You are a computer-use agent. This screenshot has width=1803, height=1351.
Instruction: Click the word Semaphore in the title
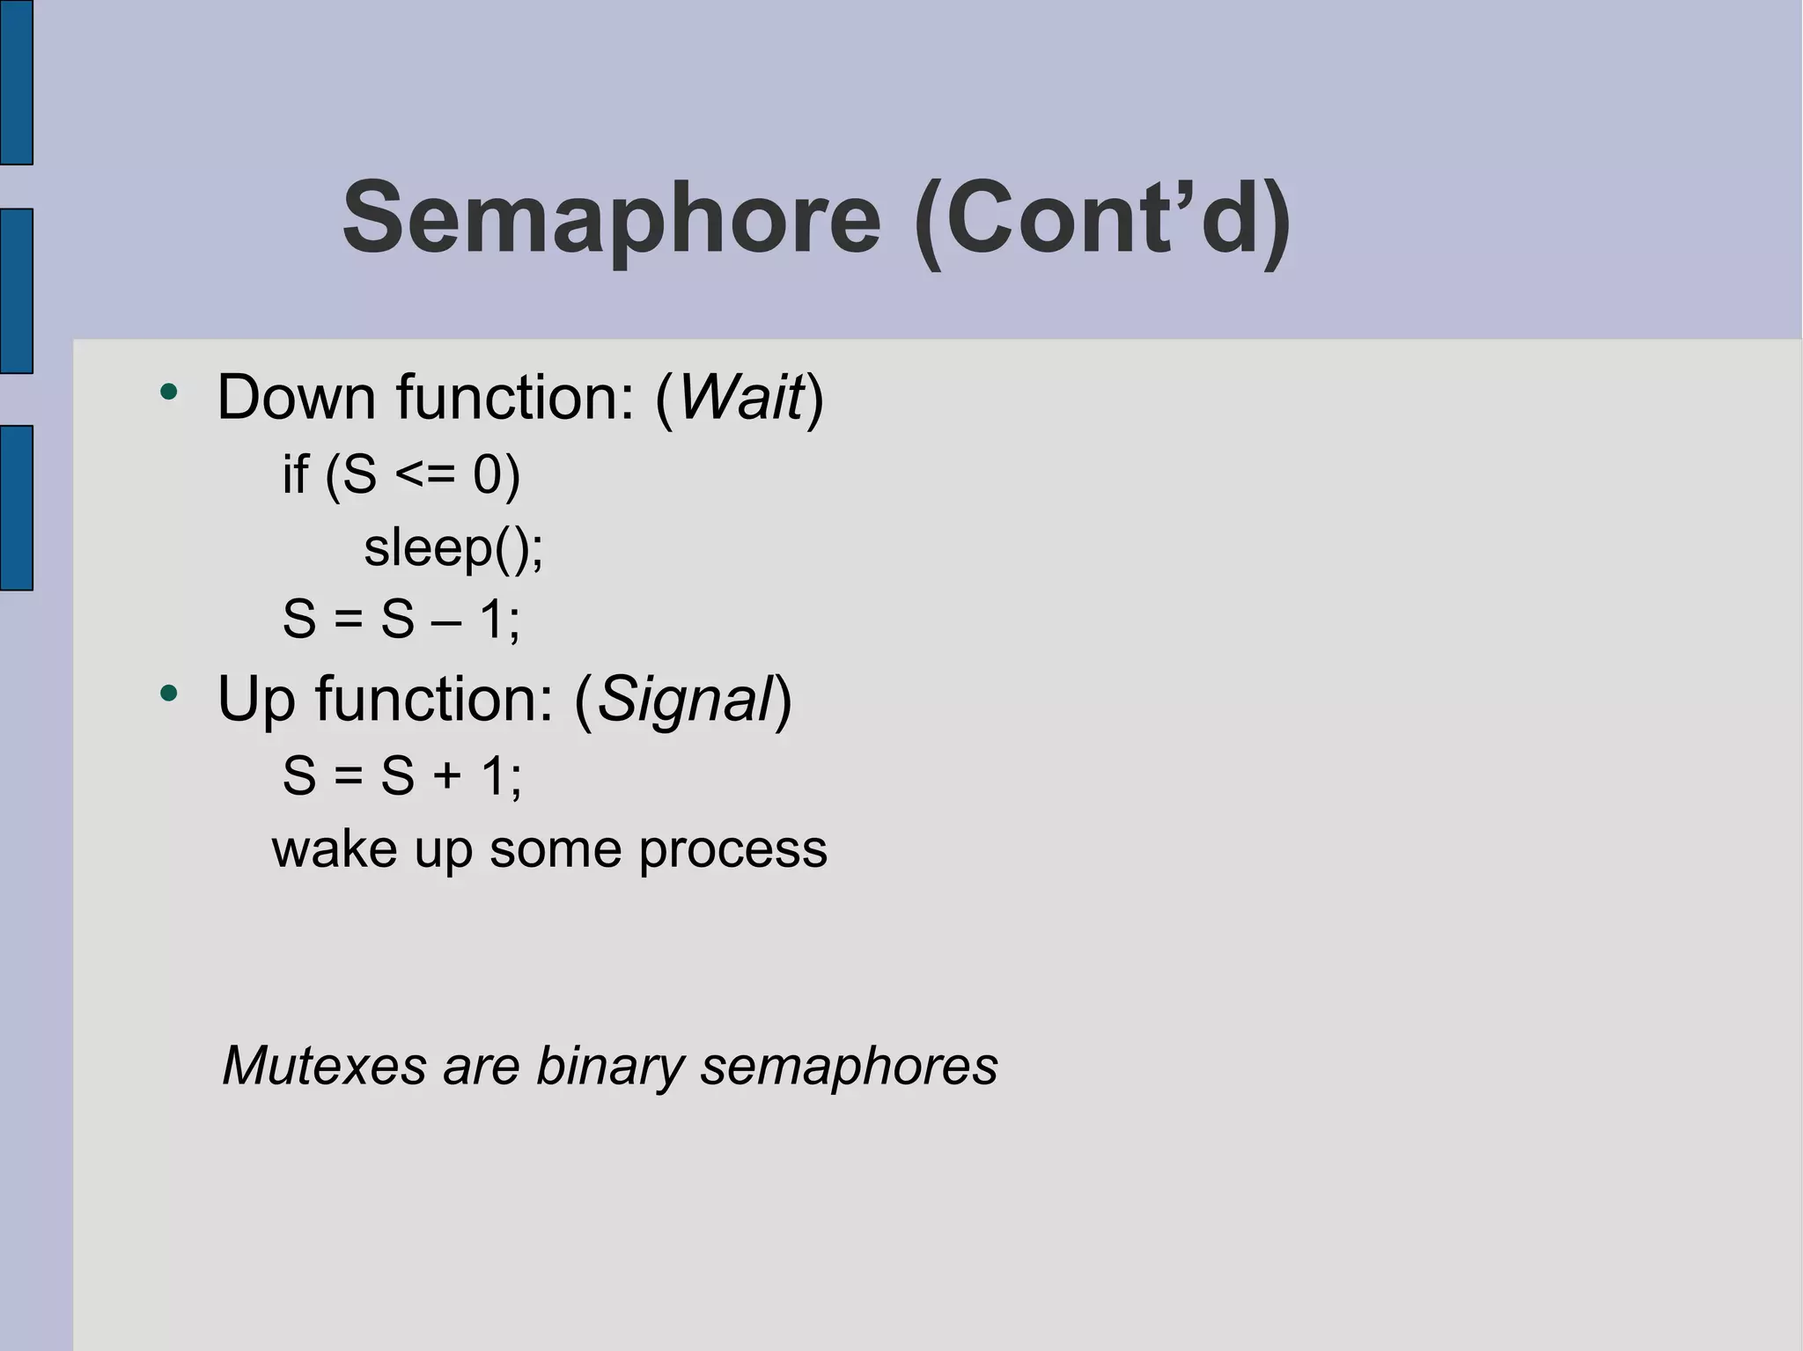coord(611,217)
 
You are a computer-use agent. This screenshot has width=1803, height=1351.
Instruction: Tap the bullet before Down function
coord(168,392)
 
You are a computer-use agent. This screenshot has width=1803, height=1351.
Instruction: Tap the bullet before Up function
coord(168,694)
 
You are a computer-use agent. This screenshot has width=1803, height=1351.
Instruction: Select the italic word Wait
coord(741,398)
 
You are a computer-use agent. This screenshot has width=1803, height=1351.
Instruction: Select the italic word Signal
coord(684,700)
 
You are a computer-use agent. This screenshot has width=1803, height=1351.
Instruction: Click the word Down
coord(297,398)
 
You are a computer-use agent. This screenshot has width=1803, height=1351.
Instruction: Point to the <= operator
coord(425,476)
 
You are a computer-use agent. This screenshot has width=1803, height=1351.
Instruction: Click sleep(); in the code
coord(453,548)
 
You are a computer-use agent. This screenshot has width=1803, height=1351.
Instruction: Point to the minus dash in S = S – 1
coord(446,620)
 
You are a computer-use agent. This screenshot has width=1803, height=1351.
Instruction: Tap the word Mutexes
coord(325,1066)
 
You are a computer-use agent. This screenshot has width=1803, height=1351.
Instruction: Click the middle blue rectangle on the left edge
coord(16,290)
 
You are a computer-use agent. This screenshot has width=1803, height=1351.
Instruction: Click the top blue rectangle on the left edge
coord(16,82)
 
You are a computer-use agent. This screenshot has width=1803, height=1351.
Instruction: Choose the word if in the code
coord(295,474)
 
